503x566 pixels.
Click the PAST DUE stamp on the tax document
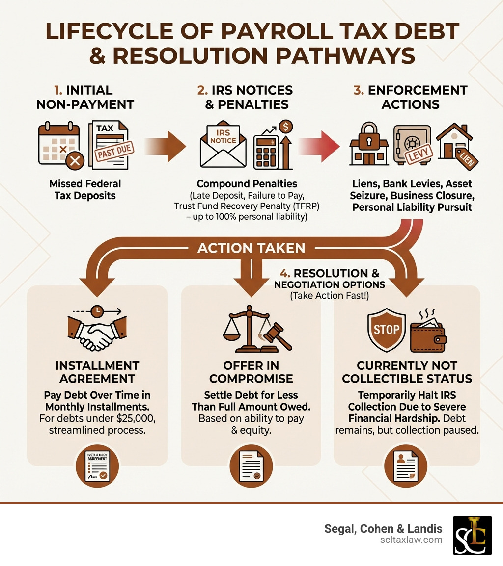tap(114, 152)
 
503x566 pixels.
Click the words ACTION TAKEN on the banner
tap(251, 248)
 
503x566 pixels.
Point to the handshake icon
tap(97, 334)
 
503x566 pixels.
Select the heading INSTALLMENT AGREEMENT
tap(97, 372)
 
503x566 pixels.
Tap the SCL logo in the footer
tap(472, 535)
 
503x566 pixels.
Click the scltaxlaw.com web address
tap(412, 540)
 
